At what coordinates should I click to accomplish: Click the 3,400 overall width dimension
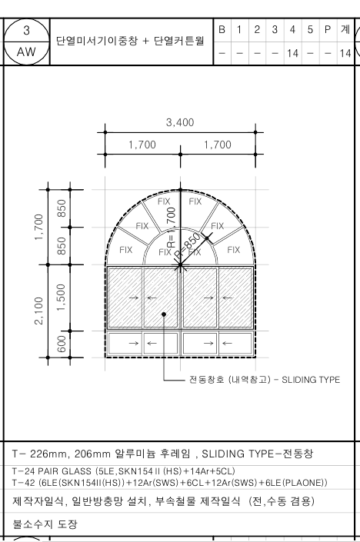click(x=180, y=122)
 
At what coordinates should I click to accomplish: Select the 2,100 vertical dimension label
click(x=38, y=311)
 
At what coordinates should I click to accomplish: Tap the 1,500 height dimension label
click(x=61, y=298)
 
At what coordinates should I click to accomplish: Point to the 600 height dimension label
click(x=61, y=344)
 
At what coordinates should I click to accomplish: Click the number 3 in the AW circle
click(x=27, y=31)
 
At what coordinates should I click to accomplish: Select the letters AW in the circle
click(x=26, y=52)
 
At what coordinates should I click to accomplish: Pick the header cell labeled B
click(x=222, y=30)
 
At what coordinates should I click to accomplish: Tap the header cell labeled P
click(x=328, y=30)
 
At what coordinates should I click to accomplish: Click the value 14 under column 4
click(x=292, y=53)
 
